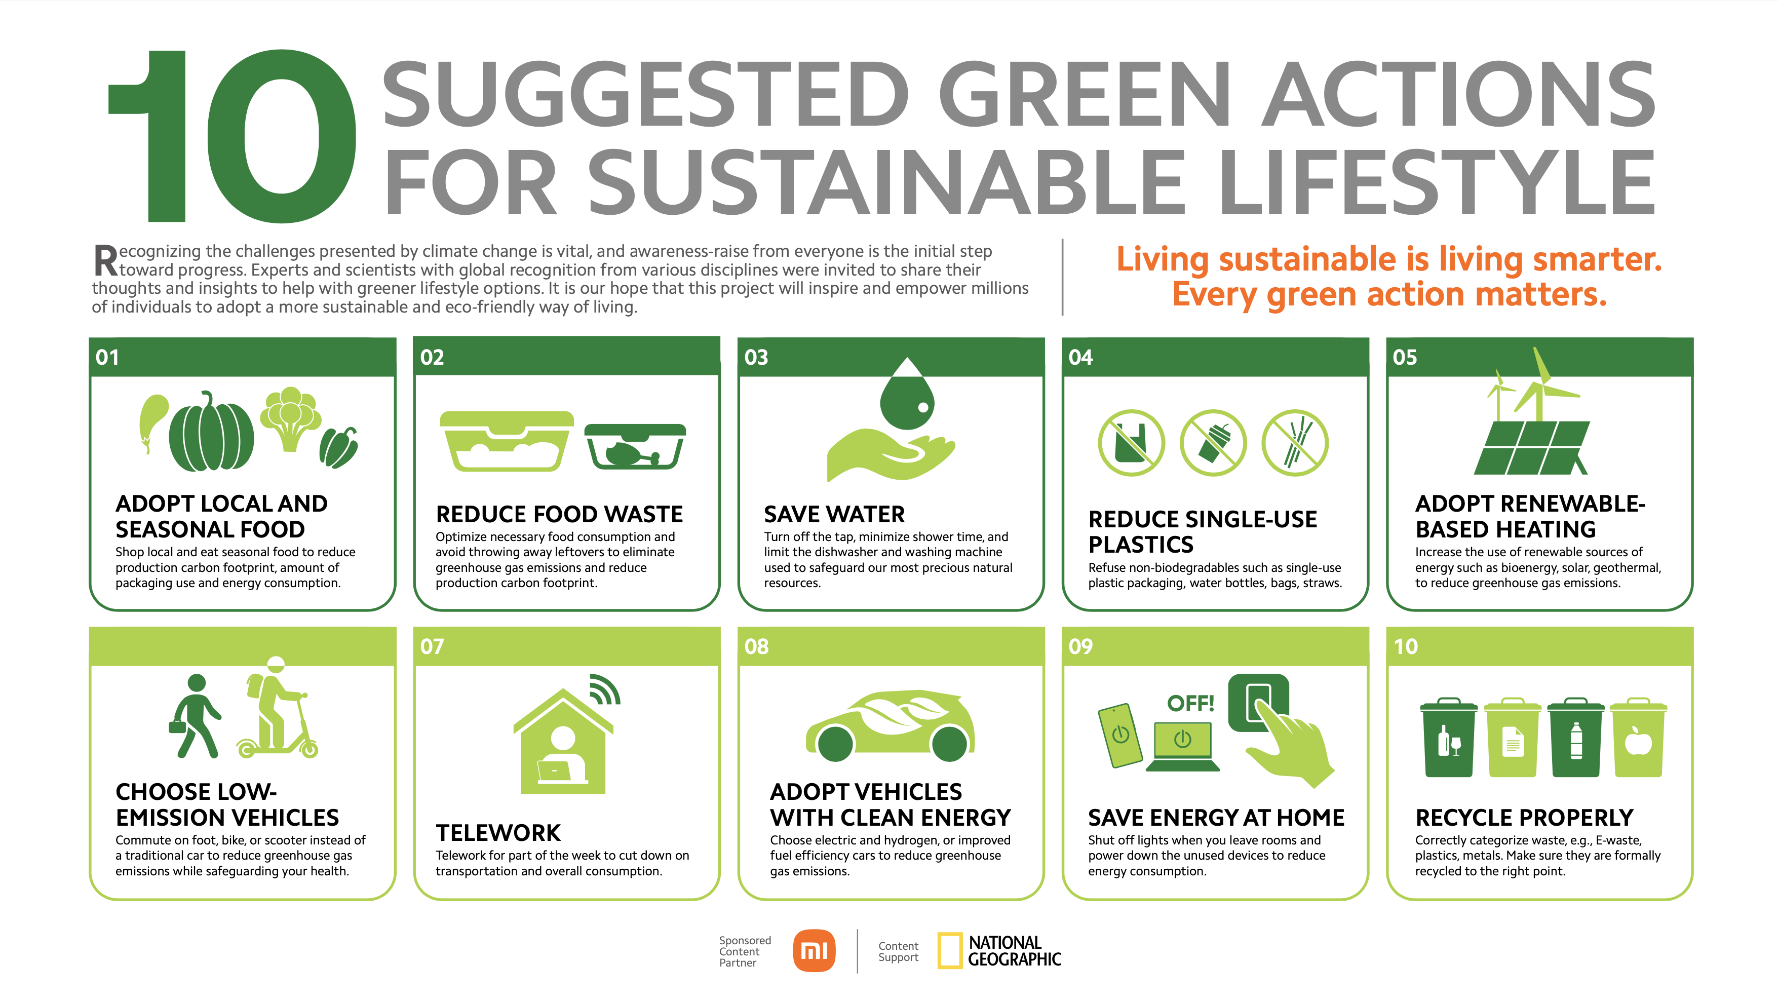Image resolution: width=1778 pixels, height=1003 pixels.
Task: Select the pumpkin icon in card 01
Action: [x=211, y=432]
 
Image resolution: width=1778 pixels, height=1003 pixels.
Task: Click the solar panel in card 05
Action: [x=1532, y=447]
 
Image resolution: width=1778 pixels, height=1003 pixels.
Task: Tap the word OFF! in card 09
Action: [x=1190, y=704]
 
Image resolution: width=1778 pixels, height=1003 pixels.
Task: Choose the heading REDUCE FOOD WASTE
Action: [x=559, y=514]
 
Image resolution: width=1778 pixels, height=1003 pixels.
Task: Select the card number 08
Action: [x=756, y=647]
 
